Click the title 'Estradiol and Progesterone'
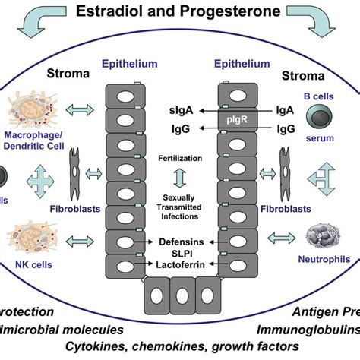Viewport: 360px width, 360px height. [179, 11]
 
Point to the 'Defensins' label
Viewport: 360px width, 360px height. [180, 239]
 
